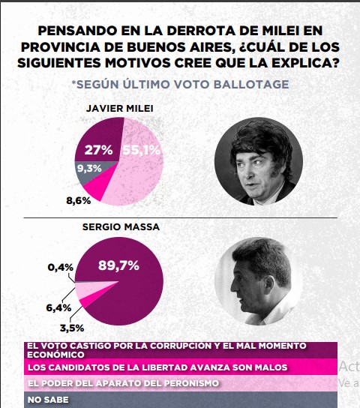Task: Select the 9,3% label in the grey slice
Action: click(x=89, y=169)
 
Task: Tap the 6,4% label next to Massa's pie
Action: click(x=58, y=307)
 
